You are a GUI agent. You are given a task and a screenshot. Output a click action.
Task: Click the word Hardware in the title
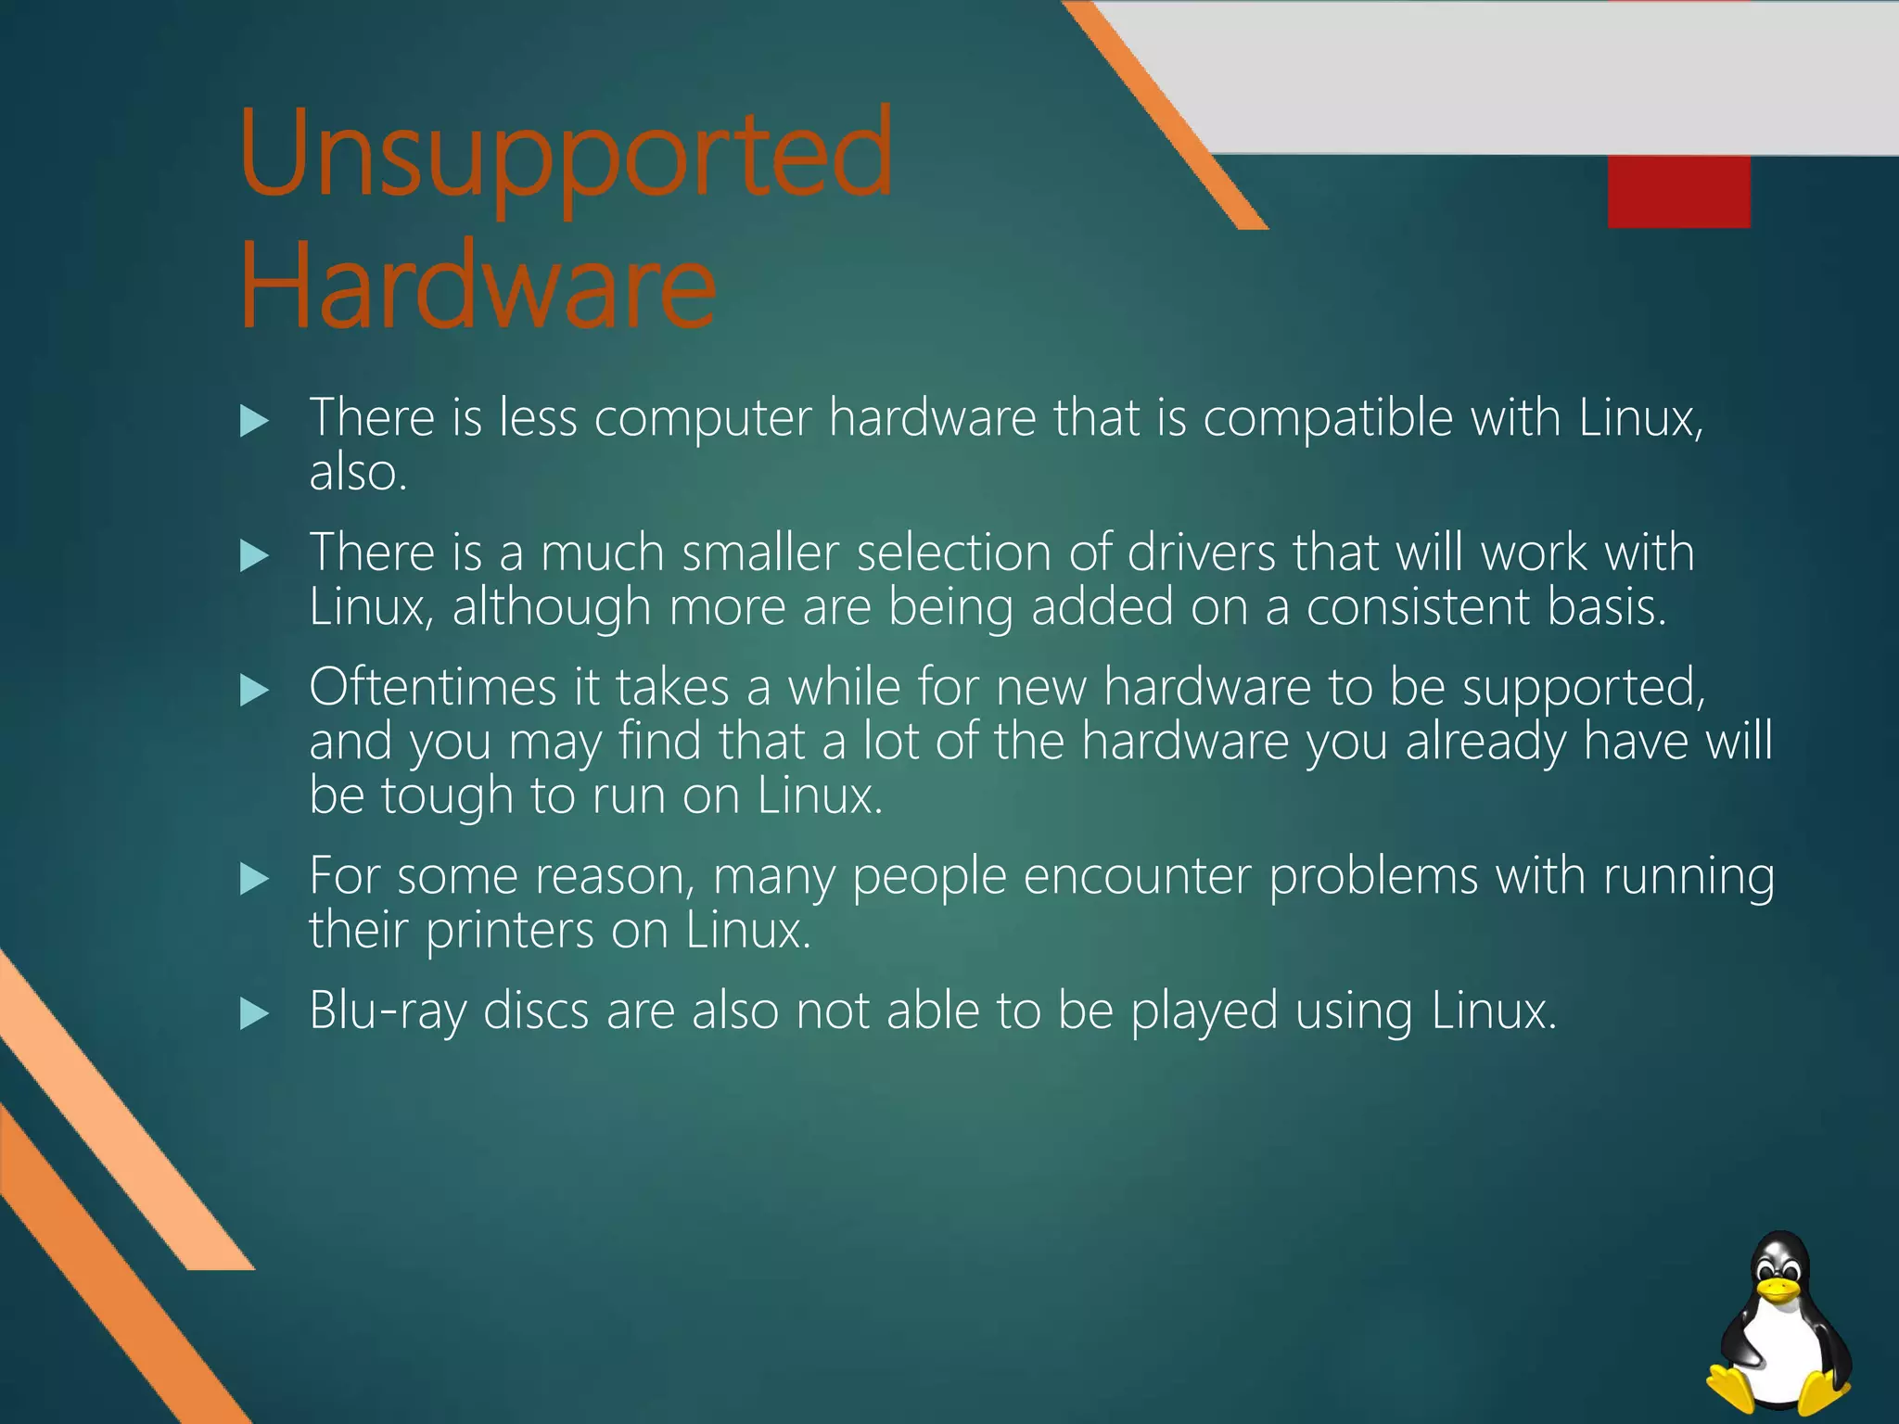coord(478,287)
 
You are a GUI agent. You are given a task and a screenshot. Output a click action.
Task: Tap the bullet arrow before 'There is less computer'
coord(253,422)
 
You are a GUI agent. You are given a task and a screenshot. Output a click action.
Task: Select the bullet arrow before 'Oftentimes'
coord(253,690)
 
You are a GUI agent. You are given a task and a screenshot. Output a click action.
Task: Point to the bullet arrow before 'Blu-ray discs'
coord(253,1013)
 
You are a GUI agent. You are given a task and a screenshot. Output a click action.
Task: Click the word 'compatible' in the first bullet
coord(1328,419)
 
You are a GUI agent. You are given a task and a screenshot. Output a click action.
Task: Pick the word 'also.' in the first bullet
coord(358,473)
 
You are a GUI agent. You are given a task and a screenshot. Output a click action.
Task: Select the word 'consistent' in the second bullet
coord(1418,607)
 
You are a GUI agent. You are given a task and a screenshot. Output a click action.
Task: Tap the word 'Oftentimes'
coord(432,688)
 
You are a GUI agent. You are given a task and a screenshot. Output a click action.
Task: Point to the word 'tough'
coord(447,796)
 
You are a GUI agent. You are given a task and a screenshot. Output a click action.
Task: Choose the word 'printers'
coord(509,931)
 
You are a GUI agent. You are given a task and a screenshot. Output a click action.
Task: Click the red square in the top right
coord(1678,191)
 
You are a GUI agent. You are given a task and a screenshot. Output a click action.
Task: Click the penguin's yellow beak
coord(1778,1290)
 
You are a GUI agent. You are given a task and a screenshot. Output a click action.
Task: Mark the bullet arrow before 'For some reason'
coord(253,878)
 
